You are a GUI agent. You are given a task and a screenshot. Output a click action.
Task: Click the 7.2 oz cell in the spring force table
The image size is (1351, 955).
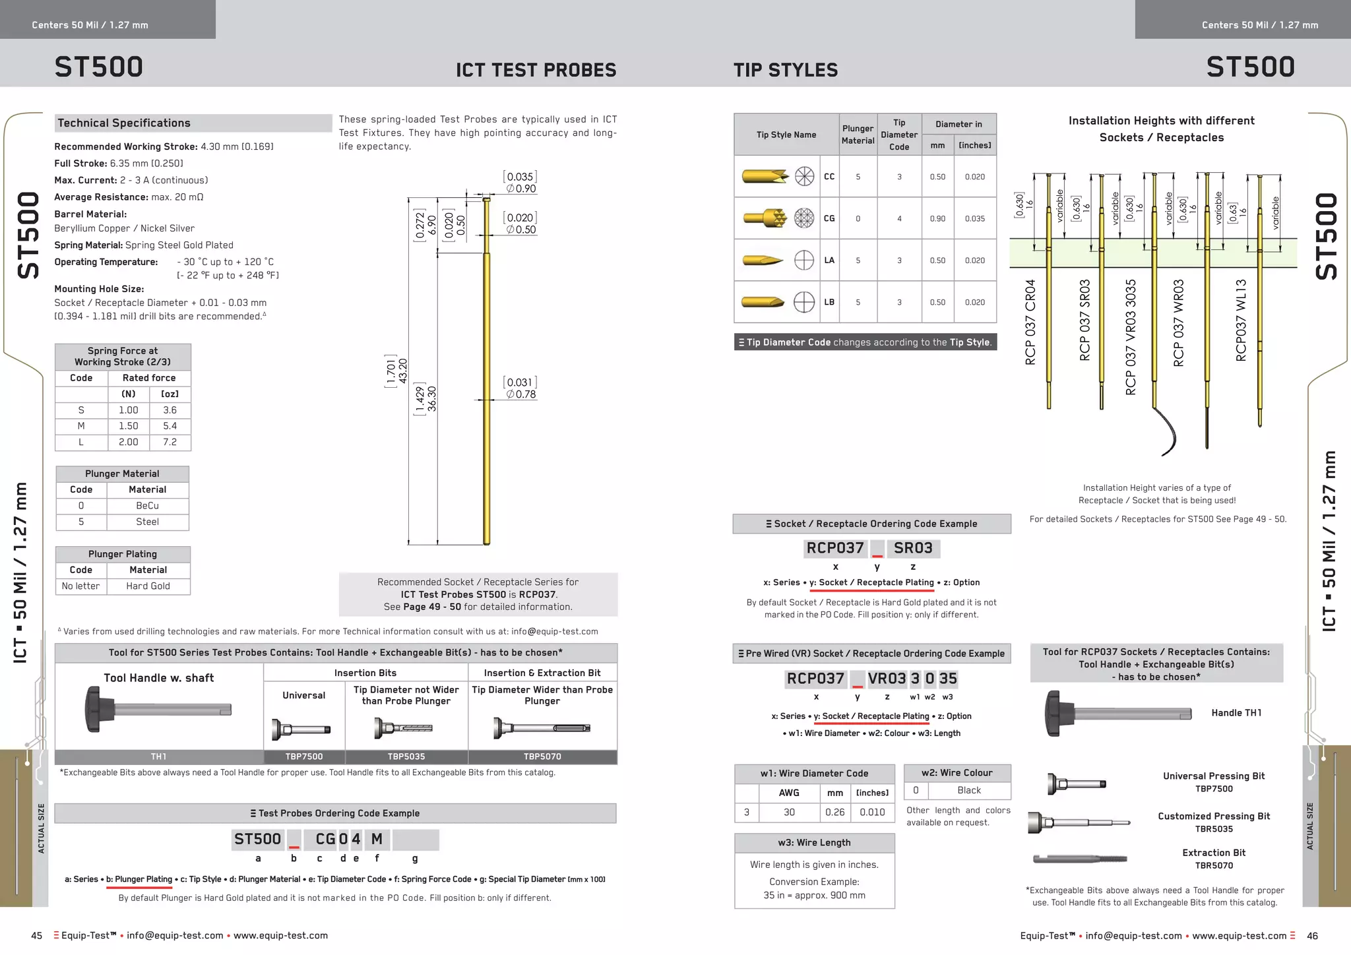coord(170,442)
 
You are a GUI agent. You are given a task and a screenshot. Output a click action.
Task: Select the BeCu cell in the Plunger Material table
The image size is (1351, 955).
coord(147,506)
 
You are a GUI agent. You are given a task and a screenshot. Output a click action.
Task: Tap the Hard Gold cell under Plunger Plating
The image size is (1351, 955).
coord(148,586)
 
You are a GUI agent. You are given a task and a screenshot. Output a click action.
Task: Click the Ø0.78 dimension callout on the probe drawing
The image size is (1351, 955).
coord(521,394)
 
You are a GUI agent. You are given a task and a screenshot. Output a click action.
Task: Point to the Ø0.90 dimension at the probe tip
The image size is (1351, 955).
coord(521,189)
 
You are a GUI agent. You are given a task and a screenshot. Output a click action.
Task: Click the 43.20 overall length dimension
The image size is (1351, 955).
coord(403,371)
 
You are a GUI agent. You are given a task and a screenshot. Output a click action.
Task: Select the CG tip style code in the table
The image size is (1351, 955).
coord(829,218)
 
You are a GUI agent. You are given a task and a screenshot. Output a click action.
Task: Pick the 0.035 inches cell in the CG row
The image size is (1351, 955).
coord(974,218)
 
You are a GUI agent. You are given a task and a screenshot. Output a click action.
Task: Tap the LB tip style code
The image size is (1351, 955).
coord(829,302)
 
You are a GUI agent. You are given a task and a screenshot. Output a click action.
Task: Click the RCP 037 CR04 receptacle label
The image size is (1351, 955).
coord(1030,322)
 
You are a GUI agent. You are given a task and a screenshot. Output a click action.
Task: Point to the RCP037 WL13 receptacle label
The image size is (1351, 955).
coord(1241,321)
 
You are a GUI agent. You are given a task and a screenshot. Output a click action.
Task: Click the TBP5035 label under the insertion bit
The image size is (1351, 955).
coord(406,756)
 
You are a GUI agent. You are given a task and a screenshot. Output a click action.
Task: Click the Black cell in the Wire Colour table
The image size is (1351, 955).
coord(968,790)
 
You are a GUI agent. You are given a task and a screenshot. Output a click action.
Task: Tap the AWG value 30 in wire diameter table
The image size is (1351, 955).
coord(789,813)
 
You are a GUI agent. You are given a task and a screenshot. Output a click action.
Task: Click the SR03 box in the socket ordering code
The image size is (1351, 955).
coord(913,548)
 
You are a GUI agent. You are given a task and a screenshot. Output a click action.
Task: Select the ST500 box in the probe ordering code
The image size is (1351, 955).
coord(257,839)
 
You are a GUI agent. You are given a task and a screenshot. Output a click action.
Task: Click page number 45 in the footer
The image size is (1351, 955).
coord(37,936)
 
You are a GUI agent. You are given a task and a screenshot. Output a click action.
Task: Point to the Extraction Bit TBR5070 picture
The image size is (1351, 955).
coord(1079,859)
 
